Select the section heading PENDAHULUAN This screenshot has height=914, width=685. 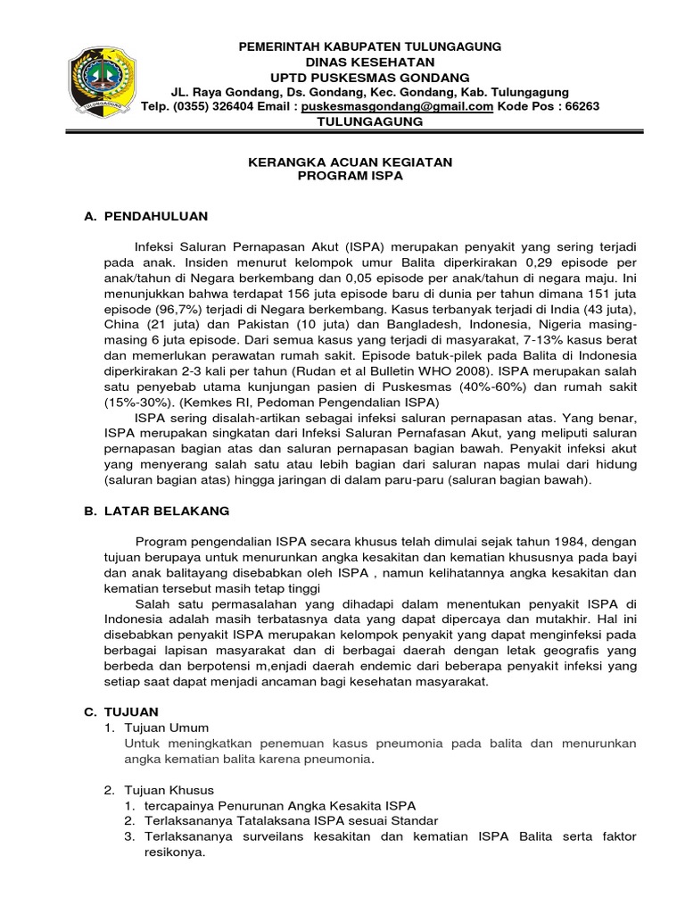click(x=156, y=216)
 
